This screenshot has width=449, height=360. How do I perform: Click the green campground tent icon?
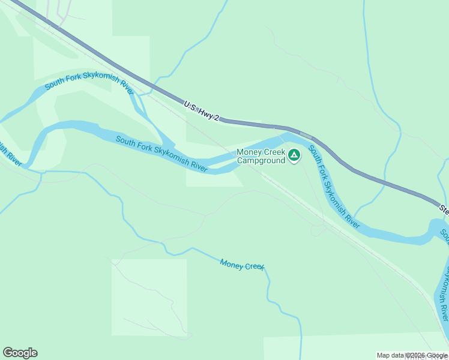click(294, 156)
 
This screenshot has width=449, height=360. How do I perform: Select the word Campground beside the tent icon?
click(261, 160)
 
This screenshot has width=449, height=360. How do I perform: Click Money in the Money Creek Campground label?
click(249, 152)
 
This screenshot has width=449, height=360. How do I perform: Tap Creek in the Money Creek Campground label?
click(274, 152)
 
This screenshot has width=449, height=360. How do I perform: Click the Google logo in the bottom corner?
click(20, 353)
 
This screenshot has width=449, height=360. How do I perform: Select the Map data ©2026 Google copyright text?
click(411, 355)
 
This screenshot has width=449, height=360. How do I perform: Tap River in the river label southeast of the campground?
click(352, 220)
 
